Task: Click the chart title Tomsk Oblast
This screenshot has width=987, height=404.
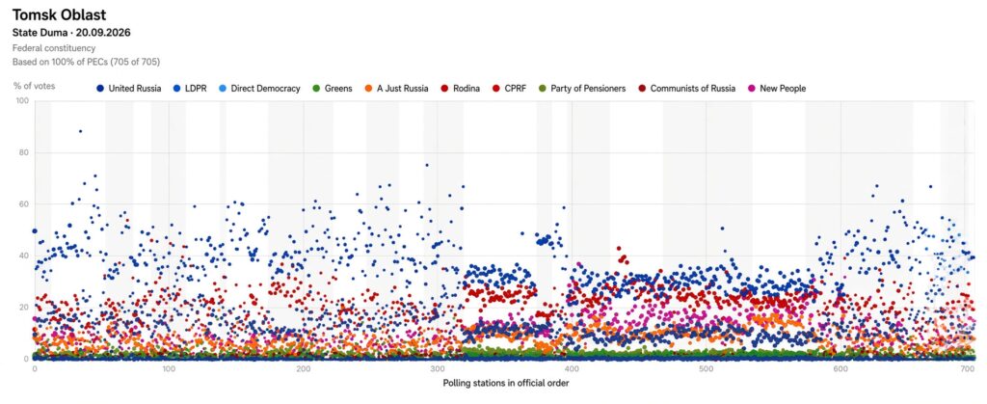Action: (x=59, y=15)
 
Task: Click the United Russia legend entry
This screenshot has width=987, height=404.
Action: (x=129, y=89)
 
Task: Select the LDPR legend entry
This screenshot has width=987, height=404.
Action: (x=189, y=89)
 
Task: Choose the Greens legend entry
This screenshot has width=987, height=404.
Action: (x=332, y=89)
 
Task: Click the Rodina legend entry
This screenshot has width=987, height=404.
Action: (x=460, y=89)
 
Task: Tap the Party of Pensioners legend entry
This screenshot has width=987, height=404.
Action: (x=582, y=89)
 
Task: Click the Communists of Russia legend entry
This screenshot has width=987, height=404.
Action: (x=686, y=89)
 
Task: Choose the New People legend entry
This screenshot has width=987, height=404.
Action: (x=776, y=89)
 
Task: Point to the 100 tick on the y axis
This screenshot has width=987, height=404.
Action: (x=23, y=101)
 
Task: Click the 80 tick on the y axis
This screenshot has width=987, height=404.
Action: (x=24, y=153)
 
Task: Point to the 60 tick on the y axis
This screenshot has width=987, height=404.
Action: (x=24, y=204)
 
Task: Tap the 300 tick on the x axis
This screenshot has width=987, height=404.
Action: (x=438, y=368)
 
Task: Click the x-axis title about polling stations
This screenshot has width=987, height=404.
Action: (x=506, y=383)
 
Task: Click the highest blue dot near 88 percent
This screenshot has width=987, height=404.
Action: (x=80, y=131)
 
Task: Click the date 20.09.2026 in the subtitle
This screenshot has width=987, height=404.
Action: (x=102, y=33)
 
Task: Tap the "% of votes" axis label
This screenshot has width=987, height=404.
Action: (x=34, y=86)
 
